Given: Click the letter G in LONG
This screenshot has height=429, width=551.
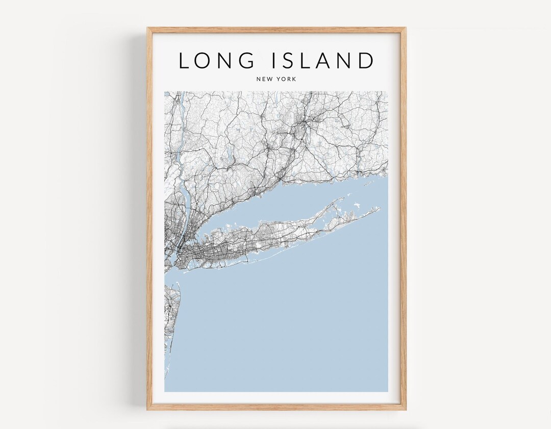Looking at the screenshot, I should (246, 60).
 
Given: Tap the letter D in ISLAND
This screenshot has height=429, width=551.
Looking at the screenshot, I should (365, 60).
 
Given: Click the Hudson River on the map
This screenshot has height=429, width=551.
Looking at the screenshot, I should (180, 153).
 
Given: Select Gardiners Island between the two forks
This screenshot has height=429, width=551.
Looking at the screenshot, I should (356, 206).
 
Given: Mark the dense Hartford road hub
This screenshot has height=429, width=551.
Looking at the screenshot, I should (305, 122).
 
